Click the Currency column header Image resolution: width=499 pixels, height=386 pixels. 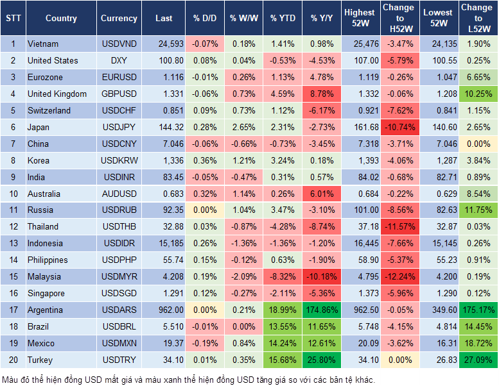click(x=119, y=19)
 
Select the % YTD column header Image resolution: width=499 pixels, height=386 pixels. click(x=283, y=19)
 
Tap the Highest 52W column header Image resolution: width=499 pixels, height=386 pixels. click(x=360, y=19)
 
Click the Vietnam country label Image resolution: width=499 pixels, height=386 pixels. click(x=43, y=44)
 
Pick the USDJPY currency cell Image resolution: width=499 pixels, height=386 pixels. click(x=119, y=127)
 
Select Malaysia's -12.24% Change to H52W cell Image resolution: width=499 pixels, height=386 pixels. click(x=399, y=276)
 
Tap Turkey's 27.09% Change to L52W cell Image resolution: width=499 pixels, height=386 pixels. click(x=478, y=360)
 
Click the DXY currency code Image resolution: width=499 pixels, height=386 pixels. click(x=119, y=60)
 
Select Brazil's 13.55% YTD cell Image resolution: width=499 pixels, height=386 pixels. click(x=283, y=326)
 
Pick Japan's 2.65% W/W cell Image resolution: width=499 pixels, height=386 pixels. click(x=242, y=127)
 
